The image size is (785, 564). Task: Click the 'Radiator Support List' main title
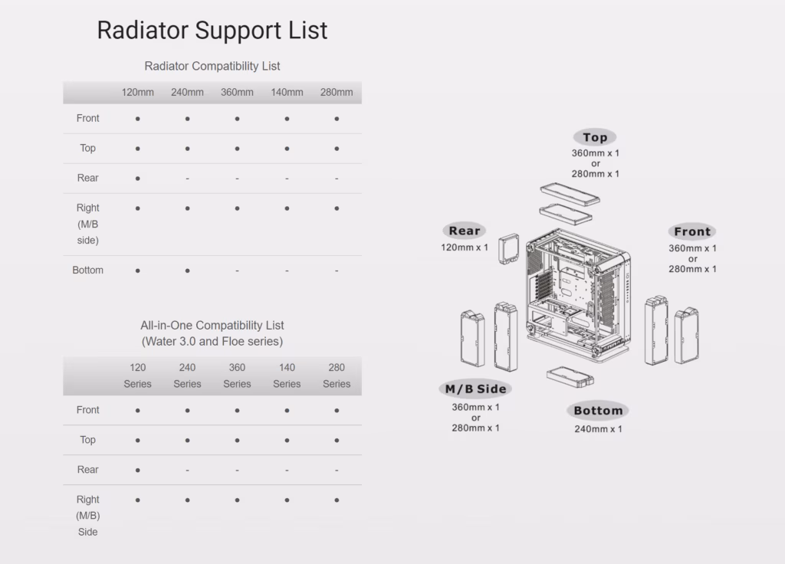tap(212, 30)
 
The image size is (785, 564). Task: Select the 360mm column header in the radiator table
tap(237, 92)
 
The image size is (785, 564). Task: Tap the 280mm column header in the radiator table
tap(337, 92)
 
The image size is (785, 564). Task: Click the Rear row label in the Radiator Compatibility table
tap(87, 178)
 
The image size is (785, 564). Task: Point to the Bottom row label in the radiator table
tap(87, 271)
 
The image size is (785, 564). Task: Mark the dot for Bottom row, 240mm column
tap(187, 271)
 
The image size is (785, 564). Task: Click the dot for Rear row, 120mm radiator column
tap(138, 178)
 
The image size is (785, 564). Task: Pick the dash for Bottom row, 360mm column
tap(237, 271)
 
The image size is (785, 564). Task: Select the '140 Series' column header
tap(287, 375)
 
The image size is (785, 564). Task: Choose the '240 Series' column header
tap(187, 375)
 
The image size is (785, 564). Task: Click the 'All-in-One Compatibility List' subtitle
tap(212, 325)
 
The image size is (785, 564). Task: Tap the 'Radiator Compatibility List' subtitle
tap(212, 66)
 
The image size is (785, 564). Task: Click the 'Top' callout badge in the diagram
tap(595, 137)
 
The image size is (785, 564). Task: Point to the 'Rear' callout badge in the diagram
tap(464, 231)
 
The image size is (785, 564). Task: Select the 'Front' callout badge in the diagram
tap(692, 231)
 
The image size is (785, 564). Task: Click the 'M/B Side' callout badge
tap(475, 389)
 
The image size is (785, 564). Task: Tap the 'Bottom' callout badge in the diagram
tap(598, 411)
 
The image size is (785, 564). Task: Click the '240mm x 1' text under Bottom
tap(598, 429)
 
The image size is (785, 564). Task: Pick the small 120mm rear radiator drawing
tap(509, 249)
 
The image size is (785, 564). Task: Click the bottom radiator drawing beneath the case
tap(570, 377)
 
